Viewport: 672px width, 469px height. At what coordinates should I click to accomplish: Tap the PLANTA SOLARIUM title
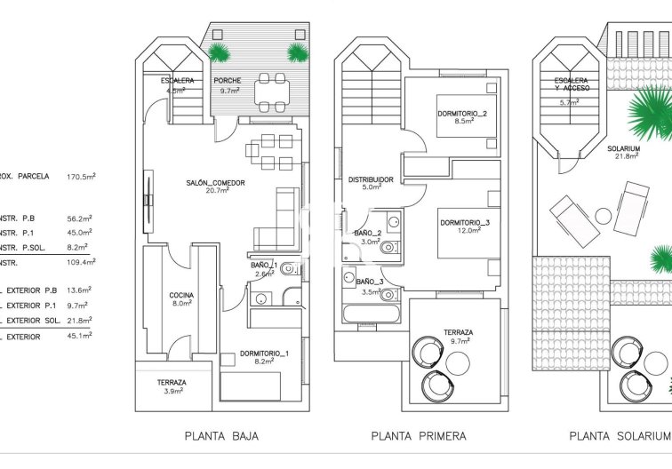(620, 436)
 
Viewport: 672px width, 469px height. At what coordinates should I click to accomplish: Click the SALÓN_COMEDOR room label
(215, 183)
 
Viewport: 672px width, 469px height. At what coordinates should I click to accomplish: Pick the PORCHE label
(227, 81)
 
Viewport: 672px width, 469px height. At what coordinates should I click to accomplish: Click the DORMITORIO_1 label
(264, 354)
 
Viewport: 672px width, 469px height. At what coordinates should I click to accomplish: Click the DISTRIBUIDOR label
(371, 179)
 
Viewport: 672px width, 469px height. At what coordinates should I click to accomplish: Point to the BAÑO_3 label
(369, 282)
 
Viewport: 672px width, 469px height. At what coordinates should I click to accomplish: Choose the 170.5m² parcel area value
(80, 177)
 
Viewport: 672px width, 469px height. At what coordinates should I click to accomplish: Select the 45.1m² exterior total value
(80, 336)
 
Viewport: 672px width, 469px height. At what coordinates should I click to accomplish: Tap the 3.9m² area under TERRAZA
(172, 391)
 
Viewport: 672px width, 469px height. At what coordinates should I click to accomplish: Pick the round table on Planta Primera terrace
(458, 362)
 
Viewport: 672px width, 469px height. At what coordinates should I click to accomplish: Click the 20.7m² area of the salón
(215, 191)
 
